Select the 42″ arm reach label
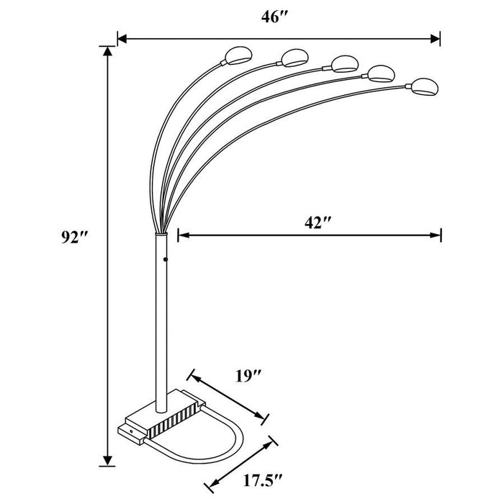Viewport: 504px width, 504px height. [316, 222]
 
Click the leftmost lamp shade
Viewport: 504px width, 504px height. [237, 55]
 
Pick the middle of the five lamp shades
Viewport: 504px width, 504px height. [343, 63]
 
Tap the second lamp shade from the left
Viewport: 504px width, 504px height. [293, 56]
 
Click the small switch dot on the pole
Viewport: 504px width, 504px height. [165, 258]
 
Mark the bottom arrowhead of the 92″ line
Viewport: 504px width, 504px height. [108, 460]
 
